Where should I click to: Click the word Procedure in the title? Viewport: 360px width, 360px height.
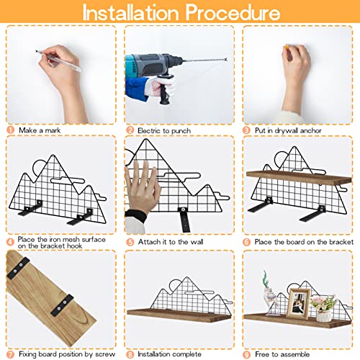tap(233, 12)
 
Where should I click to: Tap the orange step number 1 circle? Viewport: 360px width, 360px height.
tap(11, 130)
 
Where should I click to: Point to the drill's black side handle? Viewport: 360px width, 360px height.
tap(164, 89)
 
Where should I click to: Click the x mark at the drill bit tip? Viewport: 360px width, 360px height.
tap(225, 59)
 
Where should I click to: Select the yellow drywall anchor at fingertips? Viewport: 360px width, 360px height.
tap(286, 47)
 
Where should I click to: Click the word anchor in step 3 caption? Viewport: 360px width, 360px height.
tap(310, 130)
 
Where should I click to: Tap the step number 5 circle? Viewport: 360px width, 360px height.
tap(130, 242)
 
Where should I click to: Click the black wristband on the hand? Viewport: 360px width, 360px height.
tap(136, 215)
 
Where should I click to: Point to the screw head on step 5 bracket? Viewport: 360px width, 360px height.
tap(184, 210)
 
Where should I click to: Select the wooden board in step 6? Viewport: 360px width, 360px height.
tap(299, 178)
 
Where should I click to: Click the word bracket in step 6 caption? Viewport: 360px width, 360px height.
tap(341, 242)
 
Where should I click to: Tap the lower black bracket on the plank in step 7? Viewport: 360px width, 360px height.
tap(63, 305)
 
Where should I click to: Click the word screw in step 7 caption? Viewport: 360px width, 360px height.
tap(105, 354)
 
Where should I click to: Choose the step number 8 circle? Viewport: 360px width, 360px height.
tap(130, 354)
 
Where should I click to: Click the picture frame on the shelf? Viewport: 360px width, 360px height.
tap(298, 303)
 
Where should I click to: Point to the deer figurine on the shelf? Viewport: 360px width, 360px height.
tap(270, 293)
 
